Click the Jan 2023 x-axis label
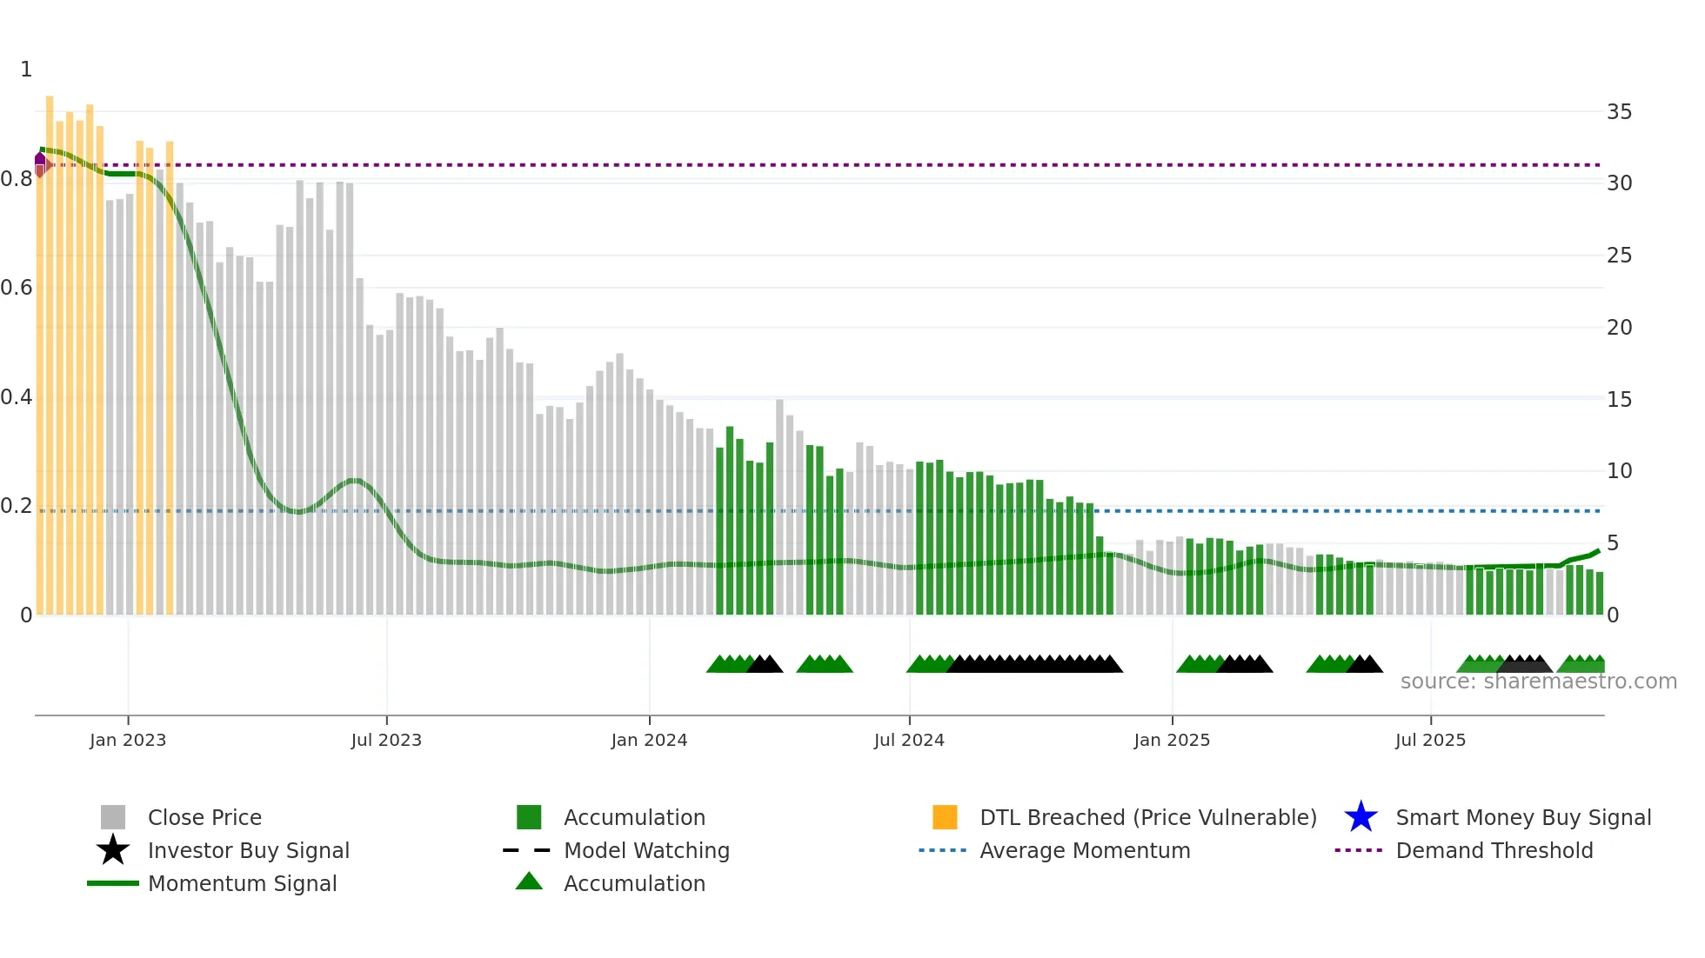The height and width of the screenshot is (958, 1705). coord(128,740)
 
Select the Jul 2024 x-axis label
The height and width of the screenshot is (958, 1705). coord(909,740)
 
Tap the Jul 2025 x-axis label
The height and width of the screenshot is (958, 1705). coord(1430,740)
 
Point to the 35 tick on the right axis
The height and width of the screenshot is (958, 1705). coord(1619,112)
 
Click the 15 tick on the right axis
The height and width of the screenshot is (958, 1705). coord(1619,400)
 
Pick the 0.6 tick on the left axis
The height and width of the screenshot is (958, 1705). coord(17,288)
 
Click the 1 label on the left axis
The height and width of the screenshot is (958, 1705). coord(26,70)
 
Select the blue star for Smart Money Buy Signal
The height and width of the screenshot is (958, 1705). coord(1361,817)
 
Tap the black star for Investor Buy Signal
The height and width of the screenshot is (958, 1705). coord(113,850)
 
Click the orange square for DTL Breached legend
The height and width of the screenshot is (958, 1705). coord(945,817)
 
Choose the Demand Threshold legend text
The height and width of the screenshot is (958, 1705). coord(1494,850)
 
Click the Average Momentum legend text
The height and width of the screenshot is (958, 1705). coord(1085,850)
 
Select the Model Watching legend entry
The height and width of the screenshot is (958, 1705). coord(646,850)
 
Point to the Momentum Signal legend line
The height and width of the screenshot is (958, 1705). coord(113,883)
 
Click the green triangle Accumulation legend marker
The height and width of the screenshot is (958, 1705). coord(529,881)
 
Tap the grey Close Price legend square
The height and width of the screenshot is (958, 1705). coord(113,817)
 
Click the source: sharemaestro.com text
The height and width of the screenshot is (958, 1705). coord(1538,682)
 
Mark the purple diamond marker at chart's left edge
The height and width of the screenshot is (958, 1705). coord(40,159)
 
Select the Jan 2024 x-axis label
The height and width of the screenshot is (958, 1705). coord(649,740)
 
